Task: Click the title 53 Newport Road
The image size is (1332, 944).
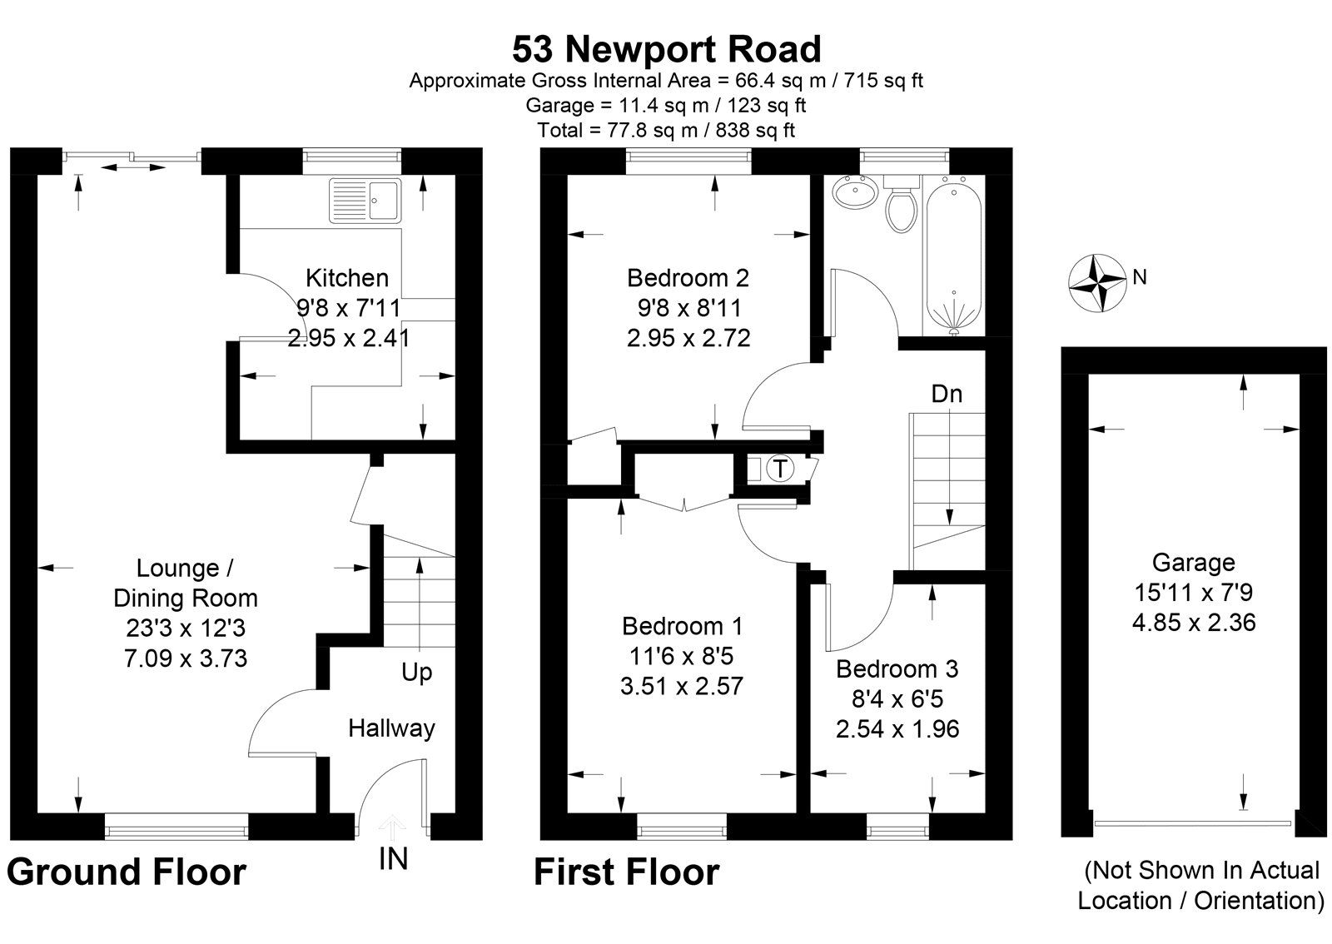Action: (666, 49)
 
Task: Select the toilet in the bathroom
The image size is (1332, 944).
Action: (900, 205)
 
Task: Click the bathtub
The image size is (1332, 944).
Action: (953, 254)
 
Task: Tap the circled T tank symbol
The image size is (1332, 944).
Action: (780, 469)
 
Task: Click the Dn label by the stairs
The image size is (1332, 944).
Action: (947, 394)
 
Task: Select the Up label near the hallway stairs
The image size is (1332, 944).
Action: (416, 673)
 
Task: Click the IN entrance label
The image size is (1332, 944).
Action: (393, 858)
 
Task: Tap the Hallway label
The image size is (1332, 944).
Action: (391, 728)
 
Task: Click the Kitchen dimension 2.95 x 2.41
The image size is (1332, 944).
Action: (348, 338)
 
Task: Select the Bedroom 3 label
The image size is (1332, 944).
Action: (897, 668)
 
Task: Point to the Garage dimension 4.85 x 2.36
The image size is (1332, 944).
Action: (1193, 623)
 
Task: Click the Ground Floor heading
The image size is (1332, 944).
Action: (127, 872)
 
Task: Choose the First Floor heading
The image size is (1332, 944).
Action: (626, 872)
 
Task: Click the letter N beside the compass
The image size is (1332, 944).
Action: (1140, 277)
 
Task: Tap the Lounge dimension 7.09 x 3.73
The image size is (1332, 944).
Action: (185, 658)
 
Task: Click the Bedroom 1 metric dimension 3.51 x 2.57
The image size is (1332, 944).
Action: (682, 686)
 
